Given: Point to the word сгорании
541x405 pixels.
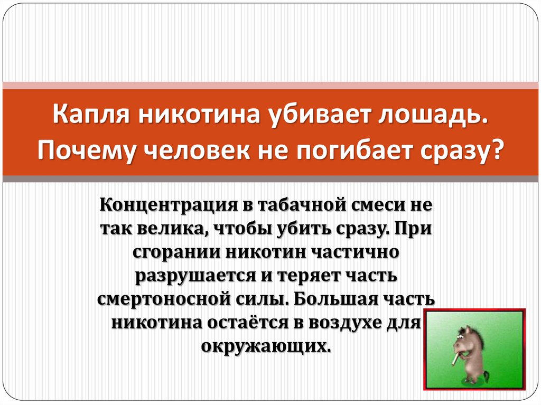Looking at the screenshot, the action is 176,252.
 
